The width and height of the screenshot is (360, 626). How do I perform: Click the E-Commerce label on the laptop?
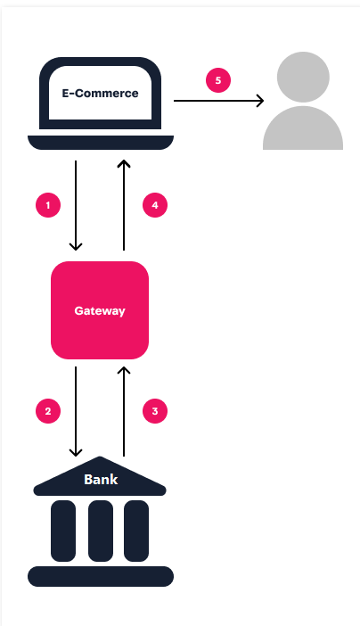(100, 93)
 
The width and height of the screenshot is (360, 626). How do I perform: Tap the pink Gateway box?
(100, 310)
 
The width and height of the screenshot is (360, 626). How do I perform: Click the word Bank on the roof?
(100, 480)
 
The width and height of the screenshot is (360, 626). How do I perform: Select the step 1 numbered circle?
(48, 205)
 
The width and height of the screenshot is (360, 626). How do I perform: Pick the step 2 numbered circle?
(48, 411)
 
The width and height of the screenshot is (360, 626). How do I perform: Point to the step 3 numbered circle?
(155, 411)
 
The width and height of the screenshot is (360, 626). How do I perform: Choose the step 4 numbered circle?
(155, 205)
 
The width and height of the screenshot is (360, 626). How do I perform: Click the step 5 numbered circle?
(218, 80)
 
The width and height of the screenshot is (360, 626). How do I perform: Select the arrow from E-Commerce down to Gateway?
(77, 205)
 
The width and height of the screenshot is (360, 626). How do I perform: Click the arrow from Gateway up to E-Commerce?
(124, 205)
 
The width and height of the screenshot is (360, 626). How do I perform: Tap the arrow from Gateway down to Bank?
(77, 411)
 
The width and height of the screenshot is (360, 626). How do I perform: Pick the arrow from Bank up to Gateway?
(124, 411)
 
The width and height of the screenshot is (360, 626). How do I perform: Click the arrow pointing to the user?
(218, 101)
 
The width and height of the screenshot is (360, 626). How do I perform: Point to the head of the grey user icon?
(303, 78)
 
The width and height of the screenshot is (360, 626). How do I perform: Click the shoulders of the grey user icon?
(303, 130)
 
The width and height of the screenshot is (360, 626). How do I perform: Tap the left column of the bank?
(63, 531)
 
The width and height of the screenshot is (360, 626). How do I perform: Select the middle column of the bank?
(100, 531)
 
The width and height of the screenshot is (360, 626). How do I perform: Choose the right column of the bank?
(135, 531)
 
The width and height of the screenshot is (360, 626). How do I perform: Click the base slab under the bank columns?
(100, 576)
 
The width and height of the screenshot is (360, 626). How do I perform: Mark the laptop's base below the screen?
(100, 143)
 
